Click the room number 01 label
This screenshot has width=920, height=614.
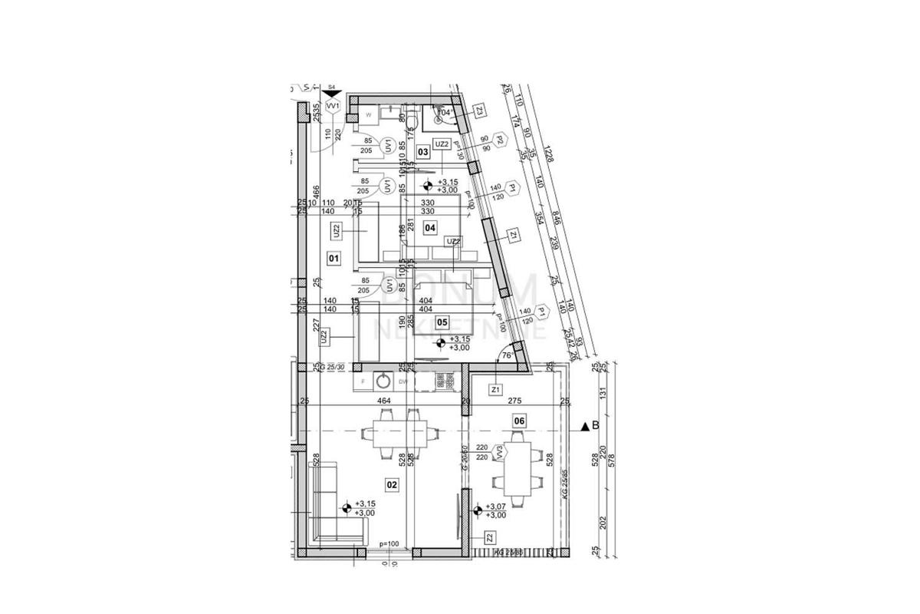[x=333, y=259]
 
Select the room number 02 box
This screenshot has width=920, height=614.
[x=392, y=484]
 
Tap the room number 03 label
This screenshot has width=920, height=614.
[x=422, y=152]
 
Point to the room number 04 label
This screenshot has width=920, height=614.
[x=430, y=227]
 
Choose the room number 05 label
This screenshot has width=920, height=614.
[x=442, y=322]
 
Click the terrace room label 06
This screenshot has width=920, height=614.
[x=520, y=421]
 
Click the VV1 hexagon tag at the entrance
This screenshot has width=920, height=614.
[x=332, y=107]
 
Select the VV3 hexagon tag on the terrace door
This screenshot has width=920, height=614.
[x=499, y=453]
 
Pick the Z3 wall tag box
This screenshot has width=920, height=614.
[x=480, y=111]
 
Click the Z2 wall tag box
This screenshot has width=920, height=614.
[x=489, y=537]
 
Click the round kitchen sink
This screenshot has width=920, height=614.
[x=383, y=380]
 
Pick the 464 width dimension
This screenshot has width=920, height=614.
[x=383, y=401]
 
